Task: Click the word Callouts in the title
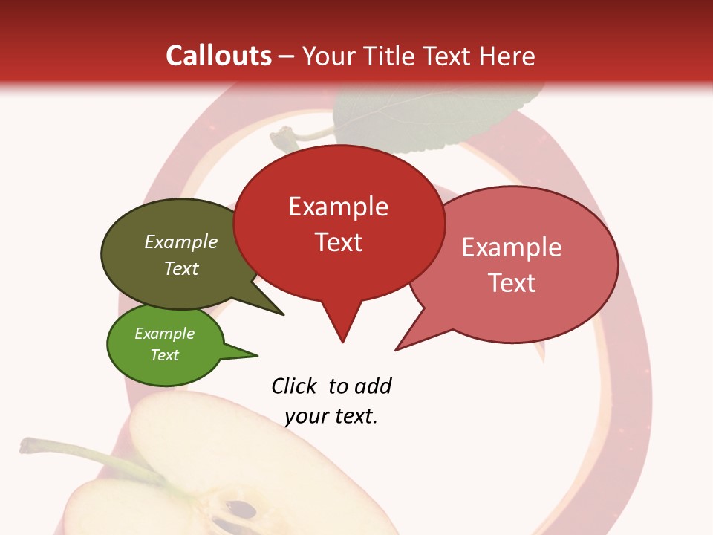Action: pos(218,56)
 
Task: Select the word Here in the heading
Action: pos(506,56)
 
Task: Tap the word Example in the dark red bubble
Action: pos(338,207)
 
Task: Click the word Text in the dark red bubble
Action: pos(338,242)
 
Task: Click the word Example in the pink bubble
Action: pos(512,247)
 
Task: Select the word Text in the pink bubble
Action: pos(512,283)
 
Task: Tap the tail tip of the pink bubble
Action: pos(399,348)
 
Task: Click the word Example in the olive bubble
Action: pos(181,241)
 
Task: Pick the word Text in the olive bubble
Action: pos(181,268)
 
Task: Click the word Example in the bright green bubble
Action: pos(164,334)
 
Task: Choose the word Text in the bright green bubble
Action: pos(164,355)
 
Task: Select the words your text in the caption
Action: pos(331,416)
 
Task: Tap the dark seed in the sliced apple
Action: pos(241,510)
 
